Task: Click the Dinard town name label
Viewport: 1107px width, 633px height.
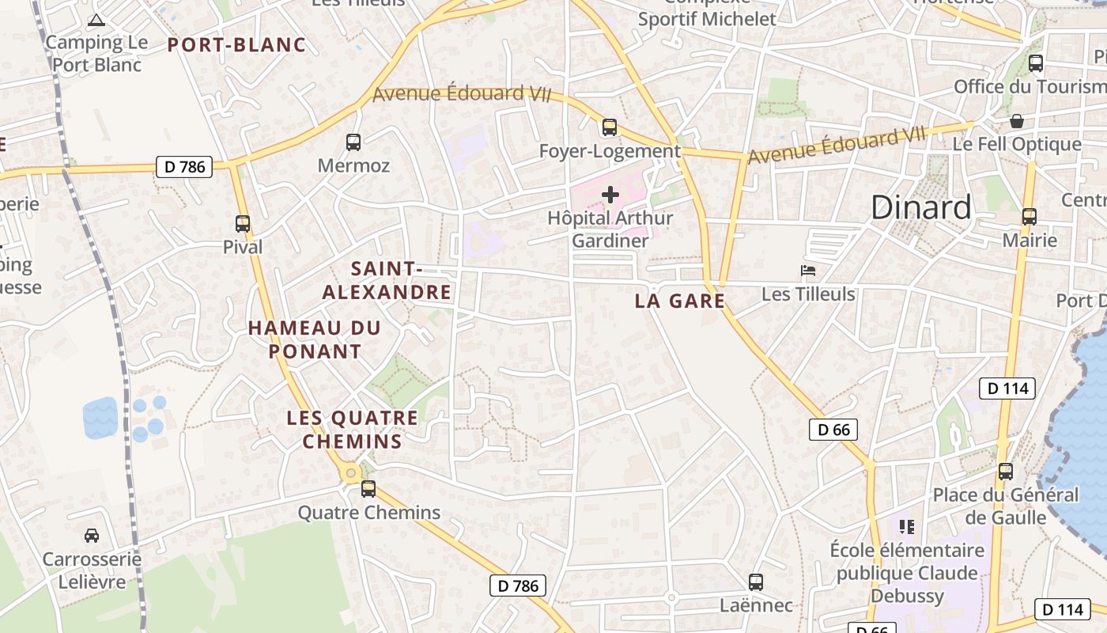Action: pos(921,207)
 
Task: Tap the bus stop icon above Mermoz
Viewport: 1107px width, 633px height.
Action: pos(353,142)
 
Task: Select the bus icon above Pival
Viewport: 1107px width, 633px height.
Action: pos(243,224)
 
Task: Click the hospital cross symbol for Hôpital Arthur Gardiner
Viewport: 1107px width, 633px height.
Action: pos(610,194)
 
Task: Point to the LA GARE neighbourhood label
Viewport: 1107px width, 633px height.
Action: pos(680,301)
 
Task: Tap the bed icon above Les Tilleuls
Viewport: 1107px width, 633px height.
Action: pos(808,271)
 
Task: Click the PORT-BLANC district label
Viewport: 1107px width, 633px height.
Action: pos(236,45)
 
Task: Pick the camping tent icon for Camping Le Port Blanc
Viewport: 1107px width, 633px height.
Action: pos(96,21)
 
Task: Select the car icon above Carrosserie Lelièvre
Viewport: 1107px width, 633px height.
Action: pos(92,536)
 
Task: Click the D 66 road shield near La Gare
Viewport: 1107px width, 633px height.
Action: pos(833,430)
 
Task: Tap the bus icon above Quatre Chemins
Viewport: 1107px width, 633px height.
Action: pos(368,488)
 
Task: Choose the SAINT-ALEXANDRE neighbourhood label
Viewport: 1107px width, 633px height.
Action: pos(387,281)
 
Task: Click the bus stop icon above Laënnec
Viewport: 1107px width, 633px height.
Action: pos(756,582)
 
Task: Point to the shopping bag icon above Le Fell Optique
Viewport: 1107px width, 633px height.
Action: pos(1017,121)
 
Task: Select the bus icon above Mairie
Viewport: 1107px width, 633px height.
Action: pos(1030,216)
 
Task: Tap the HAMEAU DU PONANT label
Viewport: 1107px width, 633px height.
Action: pos(315,339)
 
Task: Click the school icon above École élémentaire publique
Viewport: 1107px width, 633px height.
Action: pos(907,526)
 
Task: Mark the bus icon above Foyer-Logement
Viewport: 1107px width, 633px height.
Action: pos(610,127)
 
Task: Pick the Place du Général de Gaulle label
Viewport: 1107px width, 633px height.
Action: pos(1006,506)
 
